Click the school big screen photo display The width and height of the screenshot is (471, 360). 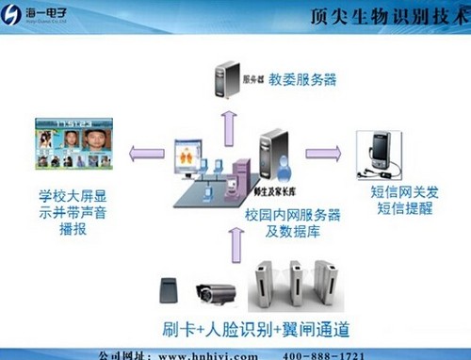[73, 145]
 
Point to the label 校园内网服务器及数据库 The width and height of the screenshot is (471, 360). [287, 221]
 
